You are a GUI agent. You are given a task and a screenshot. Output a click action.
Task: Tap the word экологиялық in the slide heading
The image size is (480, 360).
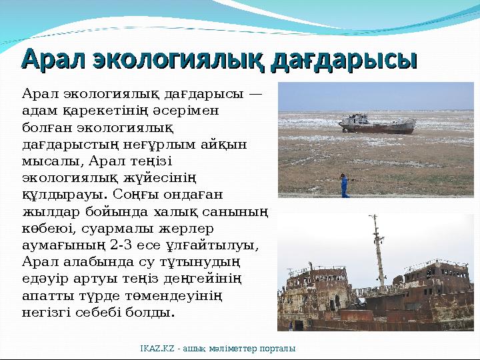175,60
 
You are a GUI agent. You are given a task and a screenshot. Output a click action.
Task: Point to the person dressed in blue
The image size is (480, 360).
345,185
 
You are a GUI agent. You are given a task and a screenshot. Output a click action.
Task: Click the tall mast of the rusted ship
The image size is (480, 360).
378,247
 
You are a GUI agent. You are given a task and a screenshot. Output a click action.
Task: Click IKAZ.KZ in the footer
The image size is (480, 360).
155,349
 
